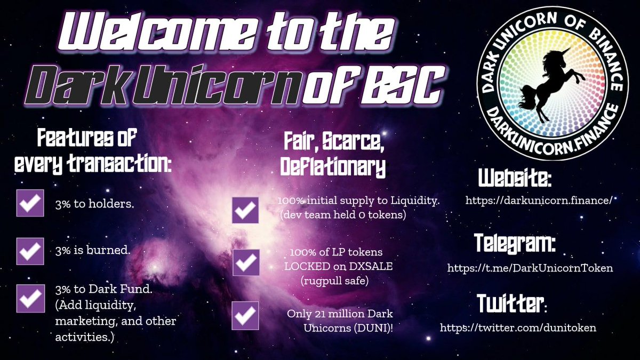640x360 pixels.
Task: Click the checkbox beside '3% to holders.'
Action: click(30, 203)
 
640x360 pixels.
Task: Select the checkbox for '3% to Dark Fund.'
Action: click(30, 298)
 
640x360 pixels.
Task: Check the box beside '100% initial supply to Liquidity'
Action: click(245, 210)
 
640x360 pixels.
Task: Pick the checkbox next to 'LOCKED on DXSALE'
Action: click(245, 263)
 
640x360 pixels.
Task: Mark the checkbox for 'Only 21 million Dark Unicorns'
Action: click(245, 315)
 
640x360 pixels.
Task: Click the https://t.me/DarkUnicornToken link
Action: click(530, 268)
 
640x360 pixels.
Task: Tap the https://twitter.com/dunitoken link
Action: click(518, 327)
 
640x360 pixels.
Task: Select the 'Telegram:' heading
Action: click(515, 244)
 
